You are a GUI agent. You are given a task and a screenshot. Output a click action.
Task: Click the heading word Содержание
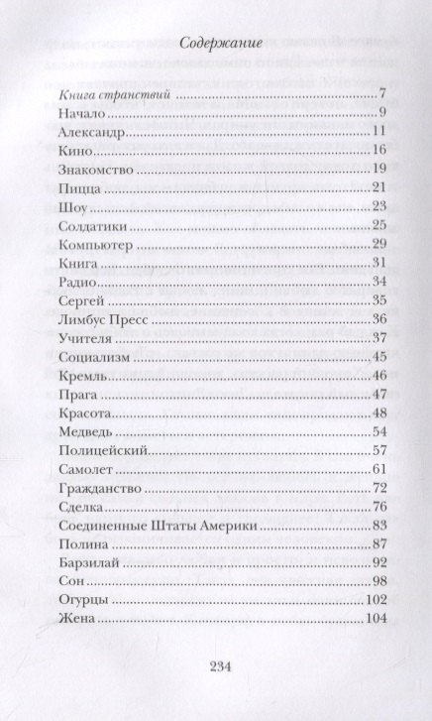(215, 44)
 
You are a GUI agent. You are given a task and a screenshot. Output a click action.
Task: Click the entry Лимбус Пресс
(91, 318)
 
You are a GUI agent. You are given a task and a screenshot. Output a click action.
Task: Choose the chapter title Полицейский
(87, 450)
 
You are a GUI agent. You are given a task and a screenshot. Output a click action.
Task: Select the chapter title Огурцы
(67, 600)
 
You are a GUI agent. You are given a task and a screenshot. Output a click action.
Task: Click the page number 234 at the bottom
(216, 666)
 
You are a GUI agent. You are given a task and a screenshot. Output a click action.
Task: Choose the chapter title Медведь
(72, 432)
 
